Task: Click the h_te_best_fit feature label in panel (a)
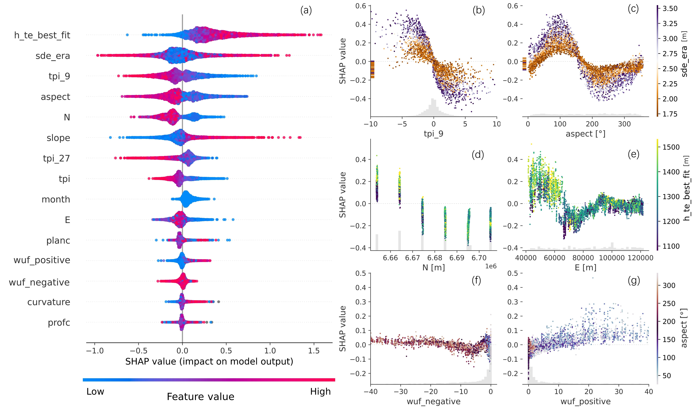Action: pyautogui.click(x=42, y=35)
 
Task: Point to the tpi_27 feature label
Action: pyautogui.click(x=56, y=159)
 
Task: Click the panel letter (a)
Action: pyautogui.click(x=306, y=10)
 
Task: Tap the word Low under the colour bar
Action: pyautogui.click(x=95, y=391)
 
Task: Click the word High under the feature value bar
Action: pyautogui.click(x=320, y=391)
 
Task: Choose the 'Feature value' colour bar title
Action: pyautogui.click(x=201, y=397)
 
